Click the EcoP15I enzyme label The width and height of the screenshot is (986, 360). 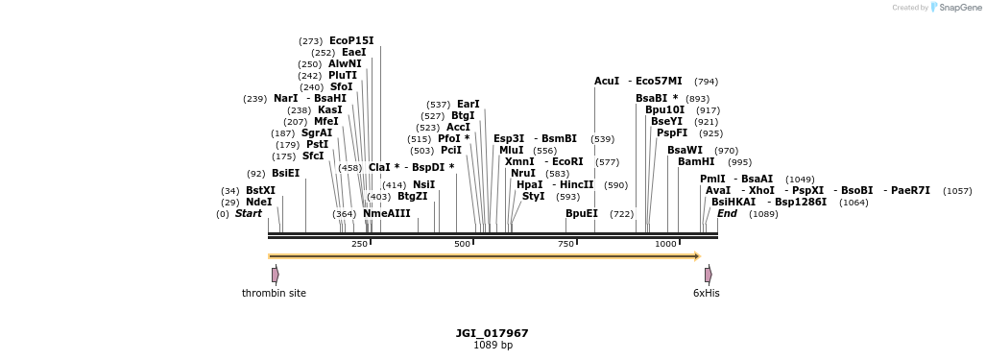[x=351, y=40]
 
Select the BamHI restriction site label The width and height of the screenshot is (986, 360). [x=696, y=161]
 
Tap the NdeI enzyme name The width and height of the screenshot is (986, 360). [x=259, y=202]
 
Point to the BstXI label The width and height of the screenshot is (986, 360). [x=260, y=190]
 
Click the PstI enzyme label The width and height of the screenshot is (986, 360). [x=317, y=144]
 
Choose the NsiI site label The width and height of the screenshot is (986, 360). [x=423, y=184]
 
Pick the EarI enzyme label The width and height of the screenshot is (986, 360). [x=469, y=104]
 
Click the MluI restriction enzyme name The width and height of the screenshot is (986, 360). [x=512, y=150]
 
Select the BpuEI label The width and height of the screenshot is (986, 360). [x=582, y=213]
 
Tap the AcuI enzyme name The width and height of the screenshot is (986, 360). [x=607, y=81]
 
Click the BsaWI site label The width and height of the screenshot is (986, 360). [x=685, y=150]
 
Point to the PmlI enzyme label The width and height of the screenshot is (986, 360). [x=712, y=179]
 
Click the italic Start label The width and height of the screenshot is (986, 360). [x=249, y=213]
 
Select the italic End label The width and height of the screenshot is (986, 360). [x=727, y=213]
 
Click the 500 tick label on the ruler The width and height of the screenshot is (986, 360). [x=463, y=244]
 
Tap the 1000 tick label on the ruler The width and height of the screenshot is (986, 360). [x=665, y=244]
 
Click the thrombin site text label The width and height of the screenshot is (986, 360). [x=274, y=293]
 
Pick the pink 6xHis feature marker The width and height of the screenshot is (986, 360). [x=709, y=275]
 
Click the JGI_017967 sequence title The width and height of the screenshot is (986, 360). [x=492, y=333]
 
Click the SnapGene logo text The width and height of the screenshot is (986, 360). [x=960, y=8]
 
